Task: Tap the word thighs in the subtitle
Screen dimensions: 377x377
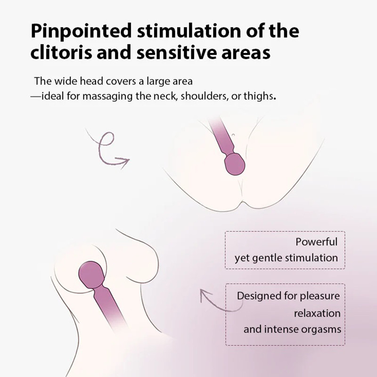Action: (261, 96)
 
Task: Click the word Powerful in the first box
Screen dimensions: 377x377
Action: (317, 242)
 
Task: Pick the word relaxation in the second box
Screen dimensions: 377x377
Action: (317, 313)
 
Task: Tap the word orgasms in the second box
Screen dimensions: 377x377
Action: (320, 329)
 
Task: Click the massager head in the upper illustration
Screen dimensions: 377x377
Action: (235, 164)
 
